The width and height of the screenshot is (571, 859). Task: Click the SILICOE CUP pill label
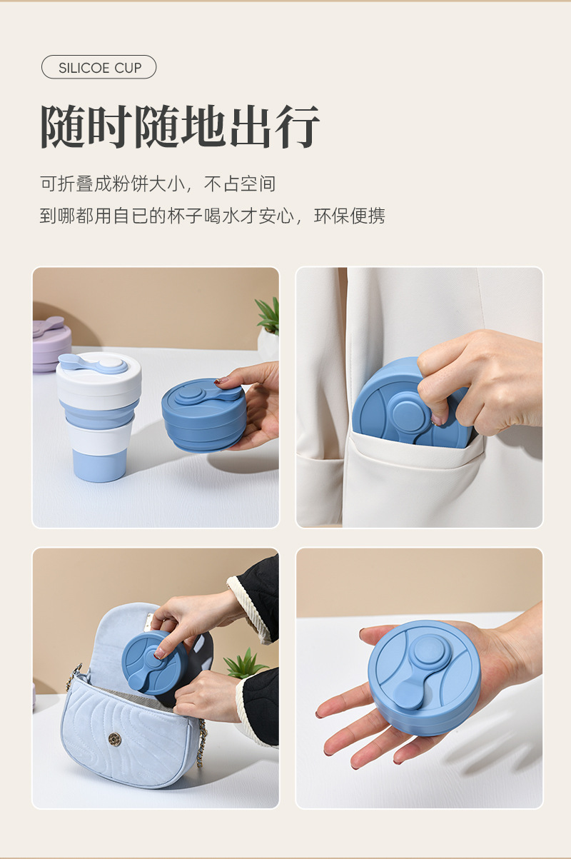click(x=99, y=67)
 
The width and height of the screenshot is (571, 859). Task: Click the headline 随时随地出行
click(x=180, y=126)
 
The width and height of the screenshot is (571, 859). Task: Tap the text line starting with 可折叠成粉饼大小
click(x=158, y=184)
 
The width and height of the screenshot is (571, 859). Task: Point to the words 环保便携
click(x=350, y=216)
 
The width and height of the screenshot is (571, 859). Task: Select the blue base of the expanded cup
click(x=100, y=465)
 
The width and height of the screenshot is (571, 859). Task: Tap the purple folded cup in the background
click(x=51, y=344)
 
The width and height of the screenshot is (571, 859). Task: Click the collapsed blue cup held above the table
click(x=205, y=413)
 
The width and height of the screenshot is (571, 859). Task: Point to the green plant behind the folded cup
click(x=269, y=316)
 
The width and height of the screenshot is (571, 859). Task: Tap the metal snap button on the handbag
click(x=115, y=738)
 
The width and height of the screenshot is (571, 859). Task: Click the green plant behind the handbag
click(x=245, y=663)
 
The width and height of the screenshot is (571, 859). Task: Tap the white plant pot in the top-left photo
click(x=268, y=342)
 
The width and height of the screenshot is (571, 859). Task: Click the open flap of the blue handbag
click(x=126, y=637)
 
